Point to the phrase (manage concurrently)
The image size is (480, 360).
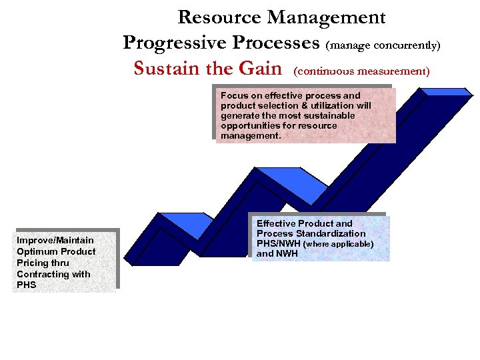click(383, 45)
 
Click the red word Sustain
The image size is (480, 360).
click(165, 69)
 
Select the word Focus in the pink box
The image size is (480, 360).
click(234, 95)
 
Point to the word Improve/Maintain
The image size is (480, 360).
click(55, 240)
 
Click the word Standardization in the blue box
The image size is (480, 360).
click(330, 233)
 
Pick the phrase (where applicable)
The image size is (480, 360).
click(338, 244)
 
